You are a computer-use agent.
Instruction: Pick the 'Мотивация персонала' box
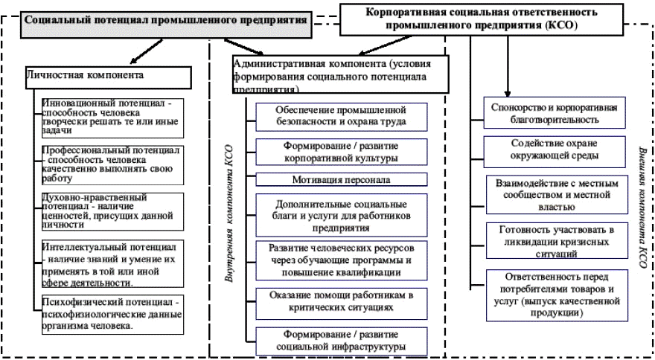[331, 179]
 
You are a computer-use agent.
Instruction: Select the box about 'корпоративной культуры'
[331, 151]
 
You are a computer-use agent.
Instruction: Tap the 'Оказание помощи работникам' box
[331, 300]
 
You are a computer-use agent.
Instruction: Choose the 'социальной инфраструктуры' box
[331, 340]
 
